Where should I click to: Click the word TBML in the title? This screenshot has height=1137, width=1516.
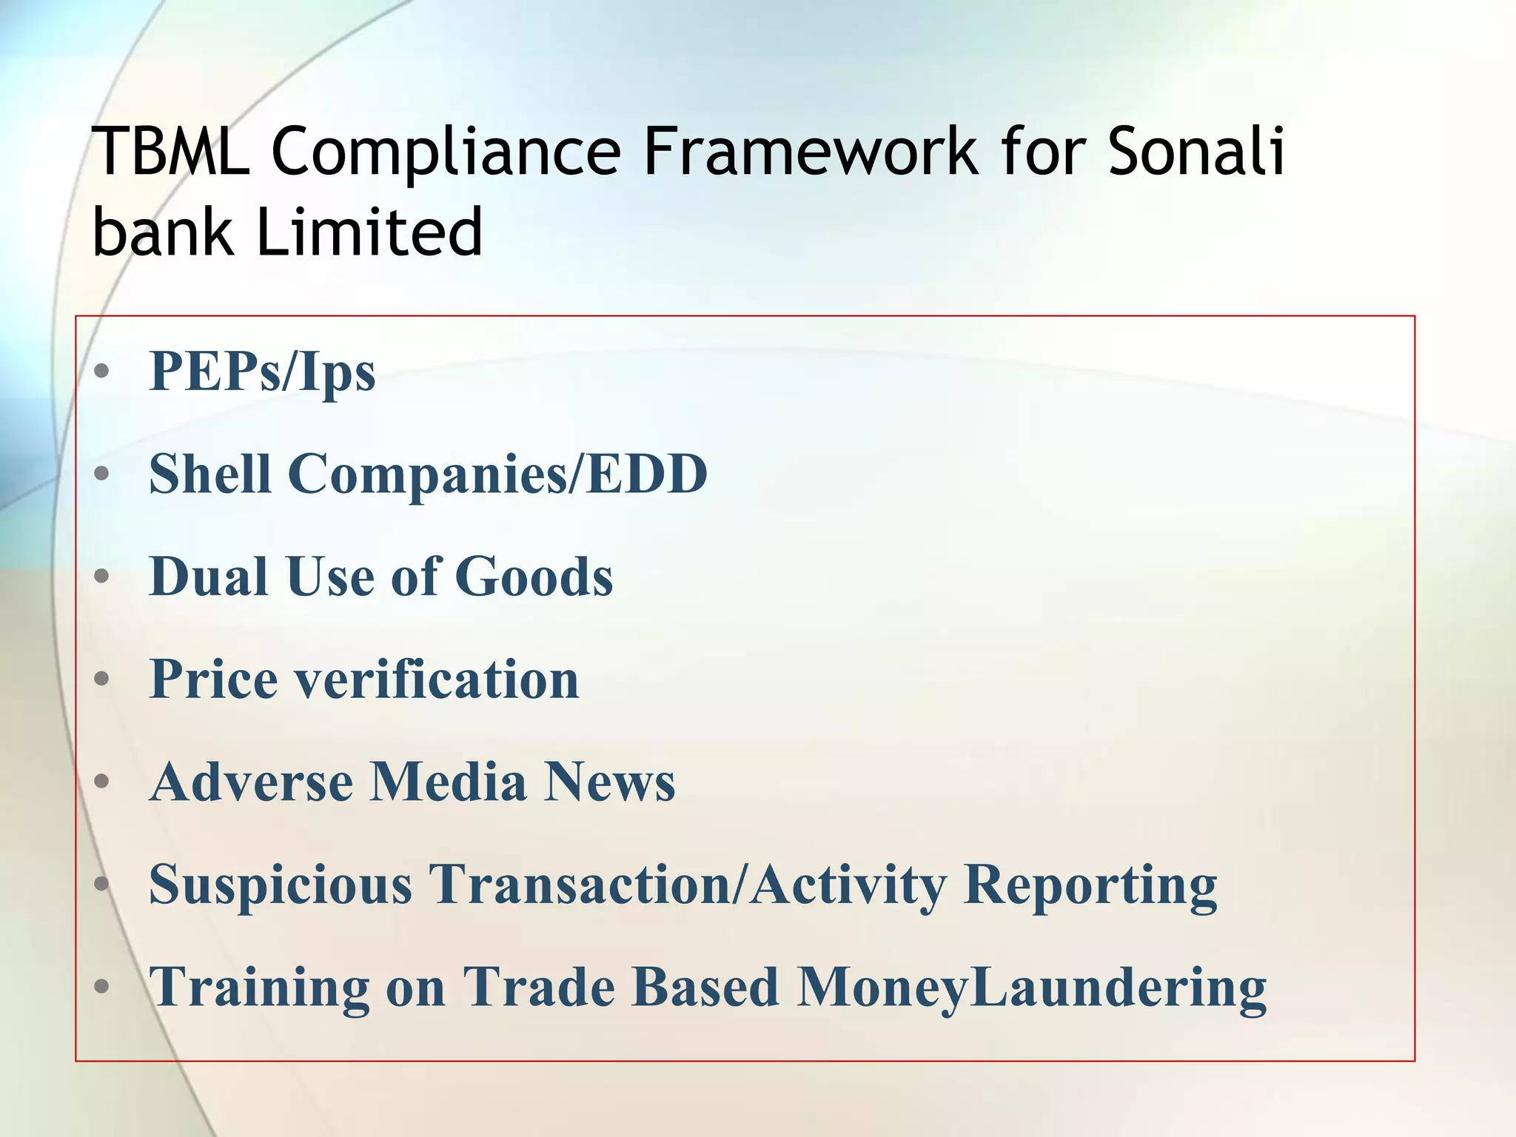coord(170,152)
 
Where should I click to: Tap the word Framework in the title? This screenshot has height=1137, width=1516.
coord(811,152)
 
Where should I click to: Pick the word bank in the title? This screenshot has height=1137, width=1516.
coord(162,232)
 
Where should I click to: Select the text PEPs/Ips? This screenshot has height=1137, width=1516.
coord(262,372)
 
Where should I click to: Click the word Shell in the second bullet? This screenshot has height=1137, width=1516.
coord(209,474)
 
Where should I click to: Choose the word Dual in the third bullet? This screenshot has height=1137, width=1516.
coord(208,577)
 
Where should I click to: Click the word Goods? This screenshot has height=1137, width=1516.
coord(534,577)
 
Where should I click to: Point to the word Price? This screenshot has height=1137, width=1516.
coord(214,679)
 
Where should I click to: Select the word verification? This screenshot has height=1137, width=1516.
coord(437,679)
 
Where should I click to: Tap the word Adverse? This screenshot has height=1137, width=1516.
coord(251,782)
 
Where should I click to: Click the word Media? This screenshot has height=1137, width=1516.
coord(448,782)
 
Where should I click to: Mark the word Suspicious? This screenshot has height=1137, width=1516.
coord(281,885)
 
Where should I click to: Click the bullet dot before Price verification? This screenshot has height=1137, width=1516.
coord(103,678)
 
